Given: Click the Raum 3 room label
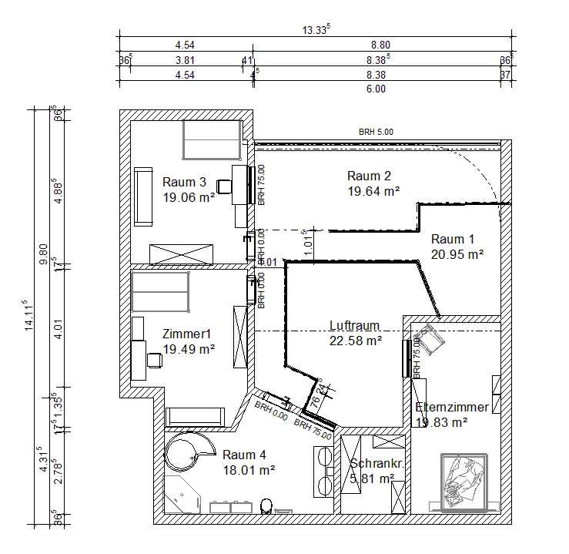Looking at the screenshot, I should (x=184, y=183).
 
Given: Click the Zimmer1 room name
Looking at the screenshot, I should (x=186, y=334).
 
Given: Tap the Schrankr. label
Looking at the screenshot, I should (x=373, y=464).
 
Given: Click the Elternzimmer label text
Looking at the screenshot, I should (x=452, y=407).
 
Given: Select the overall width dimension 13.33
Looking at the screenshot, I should (x=316, y=29).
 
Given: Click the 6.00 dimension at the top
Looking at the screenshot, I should (x=375, y=89).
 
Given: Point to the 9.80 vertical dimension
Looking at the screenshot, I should (x=43, y=253).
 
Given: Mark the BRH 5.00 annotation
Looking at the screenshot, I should (x=376, y=133).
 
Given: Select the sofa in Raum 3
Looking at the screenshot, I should (x=143, y=197).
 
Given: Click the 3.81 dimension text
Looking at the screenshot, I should (x=184, y=59).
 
